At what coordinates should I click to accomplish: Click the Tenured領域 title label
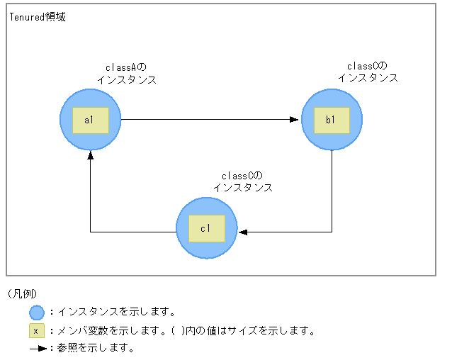[38, 17]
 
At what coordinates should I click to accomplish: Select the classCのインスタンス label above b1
[367, 72]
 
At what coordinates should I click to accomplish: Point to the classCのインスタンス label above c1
[242, 182]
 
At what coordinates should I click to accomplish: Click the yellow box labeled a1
[90, 120]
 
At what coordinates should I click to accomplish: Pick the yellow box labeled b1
[332, 120]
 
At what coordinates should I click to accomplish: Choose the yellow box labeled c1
[206, 227]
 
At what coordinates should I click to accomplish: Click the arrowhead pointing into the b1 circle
[295, 120]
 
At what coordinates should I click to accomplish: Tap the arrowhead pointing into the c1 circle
[242, 232]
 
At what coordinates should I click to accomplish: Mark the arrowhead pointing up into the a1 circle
[90, 155]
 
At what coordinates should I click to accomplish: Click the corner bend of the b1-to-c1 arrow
[332, 232]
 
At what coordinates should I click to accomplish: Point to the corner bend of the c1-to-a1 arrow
[90, 232]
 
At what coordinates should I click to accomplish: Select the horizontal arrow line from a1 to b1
[205, 120]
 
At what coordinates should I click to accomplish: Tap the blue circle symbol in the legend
[37, 312]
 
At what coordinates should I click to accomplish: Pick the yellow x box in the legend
[37, 330]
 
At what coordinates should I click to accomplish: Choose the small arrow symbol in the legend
[38, 349]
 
